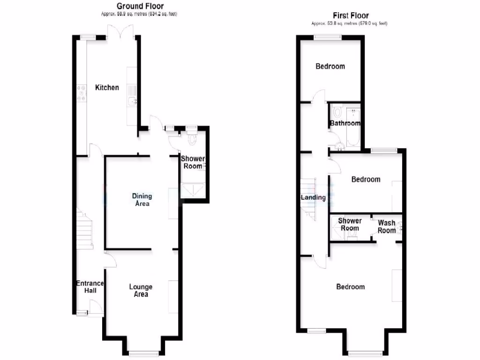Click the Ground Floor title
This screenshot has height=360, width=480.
click(x=140, y=6)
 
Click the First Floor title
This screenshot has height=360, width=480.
click(x=351, y=15)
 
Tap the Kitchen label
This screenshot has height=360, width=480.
click(x=107, y=88)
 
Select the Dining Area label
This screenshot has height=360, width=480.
click(x=142, y=200)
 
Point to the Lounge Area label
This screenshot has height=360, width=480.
click(x=141, y=290)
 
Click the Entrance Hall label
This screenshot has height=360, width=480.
click(x=90, y=287)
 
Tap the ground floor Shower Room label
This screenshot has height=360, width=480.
click(x=193, y=162)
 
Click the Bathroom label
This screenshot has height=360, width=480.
click(x=345, y=123)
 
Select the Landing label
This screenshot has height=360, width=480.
click(x=313, y=197)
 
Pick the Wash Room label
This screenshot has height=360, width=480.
click(x=387, y=226)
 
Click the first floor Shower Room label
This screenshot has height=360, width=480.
click(x=350, y=225)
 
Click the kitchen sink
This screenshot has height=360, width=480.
click(x=131, y=101)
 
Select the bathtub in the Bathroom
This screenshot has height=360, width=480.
click(x=352, y=127)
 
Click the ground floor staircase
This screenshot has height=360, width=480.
click(x=84, y=230)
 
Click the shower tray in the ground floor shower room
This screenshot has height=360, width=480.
click(x=192, y=189)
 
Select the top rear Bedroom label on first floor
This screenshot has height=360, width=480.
click(x=330, y=66)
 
